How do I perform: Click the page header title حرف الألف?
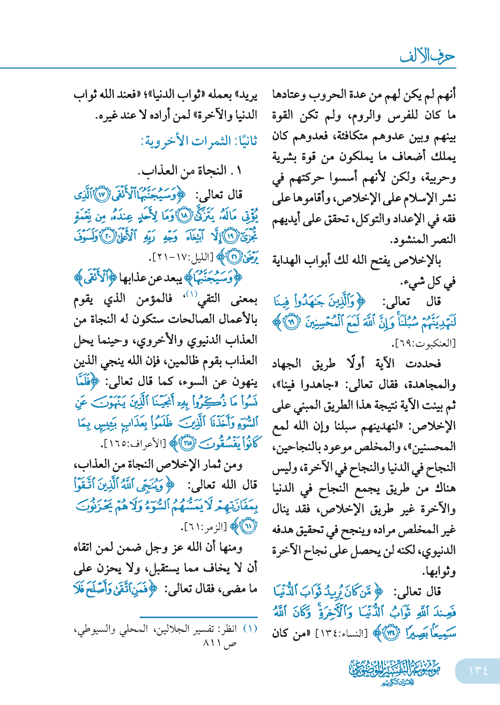(x=427, y=56)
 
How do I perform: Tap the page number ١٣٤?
(x=478, y=670)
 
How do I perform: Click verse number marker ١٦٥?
(x=187, y=444)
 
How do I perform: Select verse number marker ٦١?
(x=248, y=526)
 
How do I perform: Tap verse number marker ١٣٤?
(x=391, y=633)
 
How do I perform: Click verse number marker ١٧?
(x=102, y=195)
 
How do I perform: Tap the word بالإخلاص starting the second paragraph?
(x=423, y=260)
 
